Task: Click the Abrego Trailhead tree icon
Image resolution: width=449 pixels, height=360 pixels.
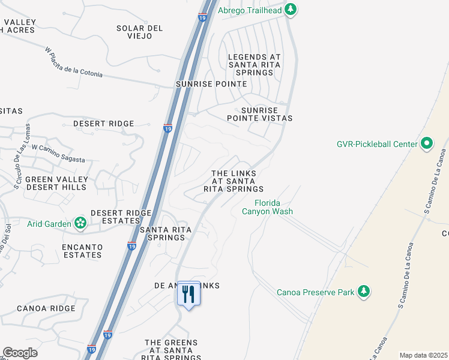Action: coord(291,9)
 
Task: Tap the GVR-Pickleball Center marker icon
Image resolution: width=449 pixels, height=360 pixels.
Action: coord(427,143)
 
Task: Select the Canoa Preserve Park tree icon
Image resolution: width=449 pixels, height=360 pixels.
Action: coord(363,292)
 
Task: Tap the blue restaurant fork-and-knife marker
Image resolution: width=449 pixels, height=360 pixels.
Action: coord(189,294)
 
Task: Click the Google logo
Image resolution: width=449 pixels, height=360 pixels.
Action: coord(20,353)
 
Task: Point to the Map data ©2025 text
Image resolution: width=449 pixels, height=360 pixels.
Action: coord(423,355)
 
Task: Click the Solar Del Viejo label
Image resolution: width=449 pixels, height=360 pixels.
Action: coord(140,32)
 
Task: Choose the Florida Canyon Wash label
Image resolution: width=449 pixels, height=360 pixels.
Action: coord(267,207)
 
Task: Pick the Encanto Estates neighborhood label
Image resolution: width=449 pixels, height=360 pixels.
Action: coord(82,251)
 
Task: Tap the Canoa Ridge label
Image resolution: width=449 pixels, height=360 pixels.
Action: coord(46,308)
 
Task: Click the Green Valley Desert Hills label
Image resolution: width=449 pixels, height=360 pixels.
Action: coord(56,183)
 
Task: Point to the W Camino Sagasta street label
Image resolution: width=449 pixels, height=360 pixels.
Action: coord(58,154)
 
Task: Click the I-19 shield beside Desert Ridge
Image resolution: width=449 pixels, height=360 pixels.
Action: coord(168,128)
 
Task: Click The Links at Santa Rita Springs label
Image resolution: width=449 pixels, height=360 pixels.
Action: coord(234,181)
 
